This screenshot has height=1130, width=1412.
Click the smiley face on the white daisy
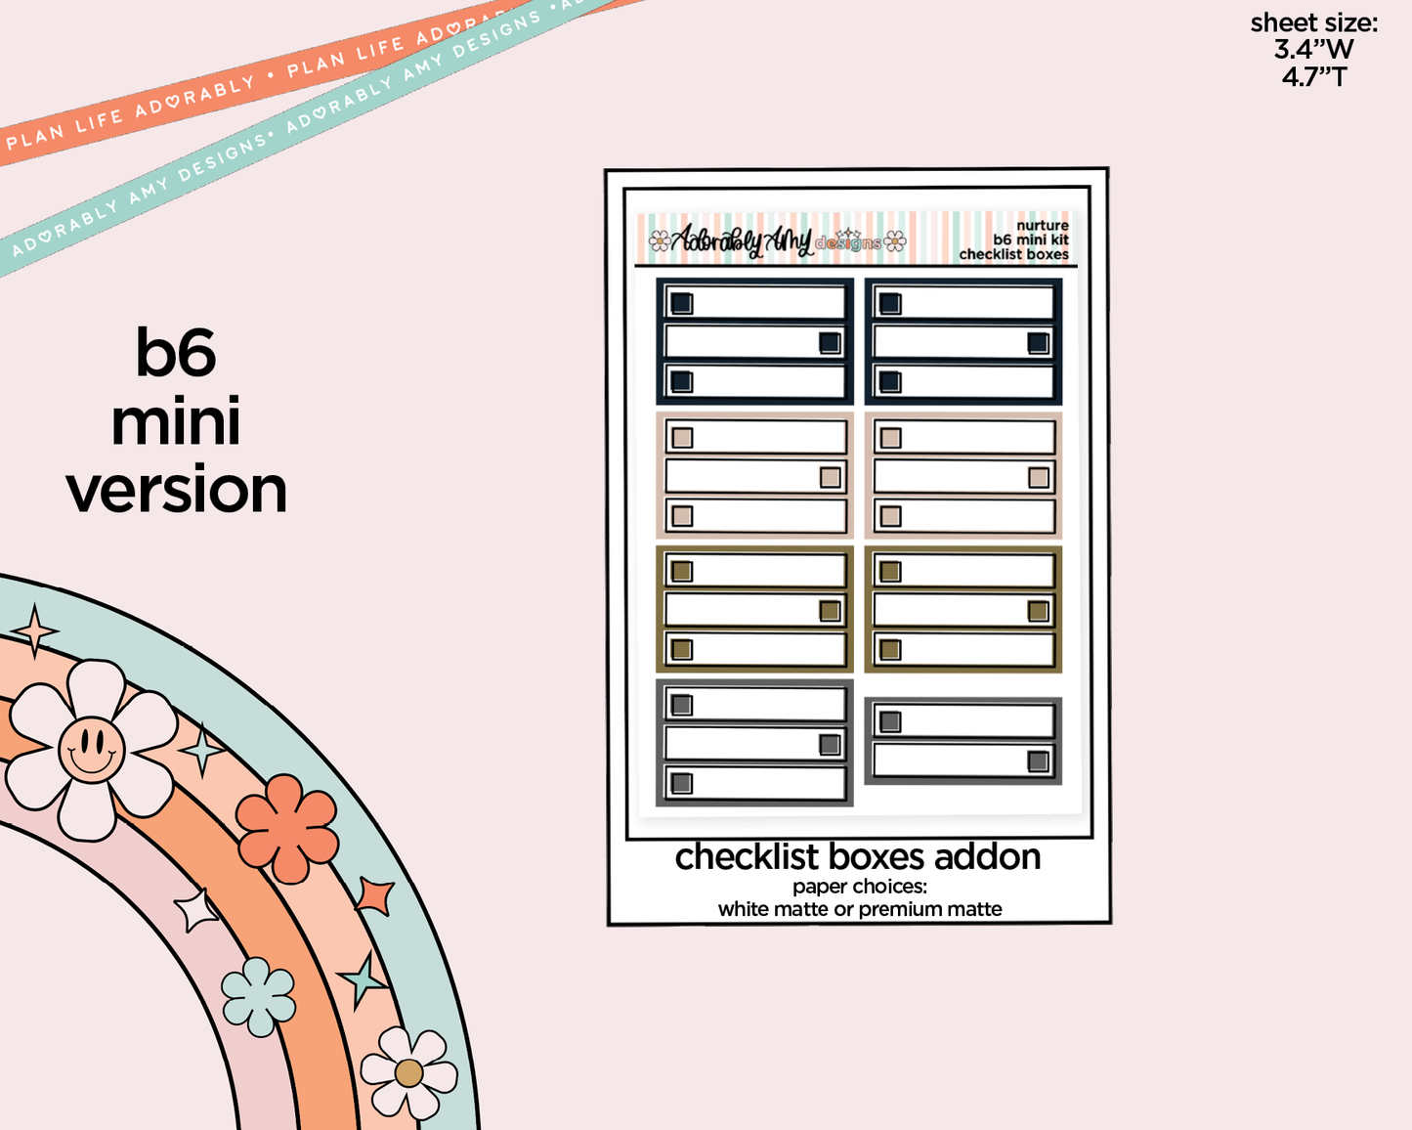tap(91, 750)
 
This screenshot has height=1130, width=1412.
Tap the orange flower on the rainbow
tap(287, 828)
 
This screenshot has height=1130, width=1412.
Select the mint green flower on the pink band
tap(258, 996)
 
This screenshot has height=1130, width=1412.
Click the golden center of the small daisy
tap(408, 1073)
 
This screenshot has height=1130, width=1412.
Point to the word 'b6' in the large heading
tap(176, 352)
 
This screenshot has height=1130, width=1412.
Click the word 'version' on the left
tap(177, 490)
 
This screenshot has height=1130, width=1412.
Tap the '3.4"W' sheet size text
tap(1313, 49)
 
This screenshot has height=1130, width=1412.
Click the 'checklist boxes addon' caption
tap(858, 857)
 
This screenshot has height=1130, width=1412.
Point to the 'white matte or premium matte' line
tap(860, 909)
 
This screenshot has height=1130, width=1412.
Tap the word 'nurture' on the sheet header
tap(1042, 226)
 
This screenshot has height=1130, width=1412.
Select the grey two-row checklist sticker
tap(963, 741)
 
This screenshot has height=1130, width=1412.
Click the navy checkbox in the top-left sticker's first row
tap(682, 303)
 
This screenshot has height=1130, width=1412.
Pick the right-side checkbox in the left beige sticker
tap(830, 477)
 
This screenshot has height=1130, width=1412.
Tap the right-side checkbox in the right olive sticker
tap(1038, 612)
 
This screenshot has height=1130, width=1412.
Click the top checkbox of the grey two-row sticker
tap(890, 722)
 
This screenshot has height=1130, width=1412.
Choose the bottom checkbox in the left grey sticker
tap(682, 783)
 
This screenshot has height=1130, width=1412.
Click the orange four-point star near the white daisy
tap(36, 630)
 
